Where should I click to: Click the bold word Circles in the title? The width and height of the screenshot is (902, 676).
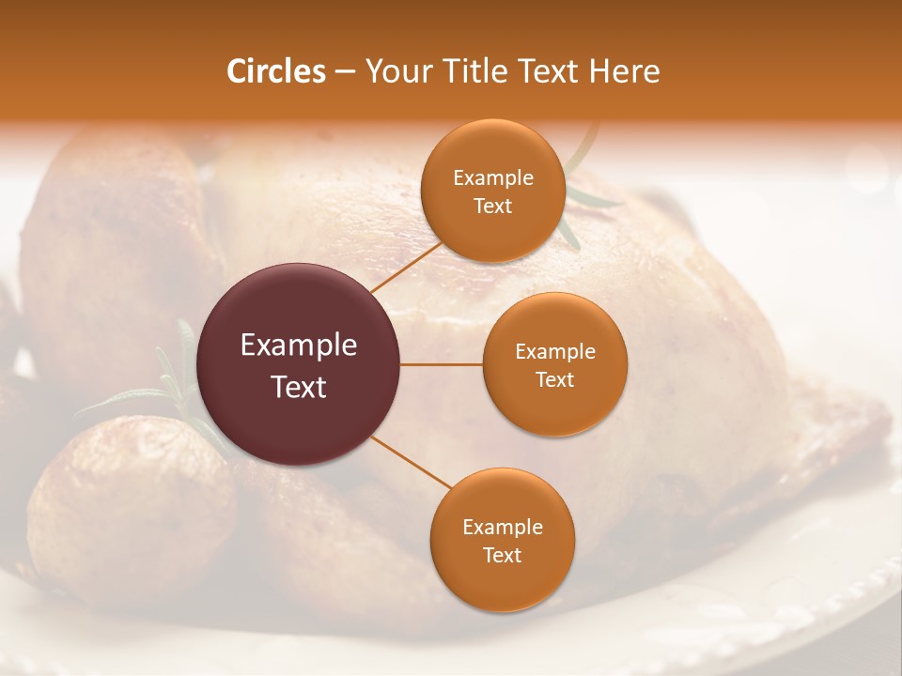click(276, 71)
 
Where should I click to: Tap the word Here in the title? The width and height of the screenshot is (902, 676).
click(625, 71)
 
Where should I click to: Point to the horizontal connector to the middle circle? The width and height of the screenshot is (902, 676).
click(442, 364)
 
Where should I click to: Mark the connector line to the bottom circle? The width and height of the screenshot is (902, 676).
click(411, 462)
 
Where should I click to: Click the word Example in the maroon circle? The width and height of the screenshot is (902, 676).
click(299, 346)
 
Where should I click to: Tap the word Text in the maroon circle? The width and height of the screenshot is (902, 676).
click(299, 387)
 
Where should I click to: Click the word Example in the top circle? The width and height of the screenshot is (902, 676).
click(493, 178)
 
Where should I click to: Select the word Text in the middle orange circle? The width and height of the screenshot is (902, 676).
click(554, 379)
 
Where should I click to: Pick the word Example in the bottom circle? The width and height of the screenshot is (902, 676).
click(503, 528)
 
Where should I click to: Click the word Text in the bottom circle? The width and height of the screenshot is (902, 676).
click(502, 556)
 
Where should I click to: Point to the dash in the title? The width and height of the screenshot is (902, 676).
click(345, 72)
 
